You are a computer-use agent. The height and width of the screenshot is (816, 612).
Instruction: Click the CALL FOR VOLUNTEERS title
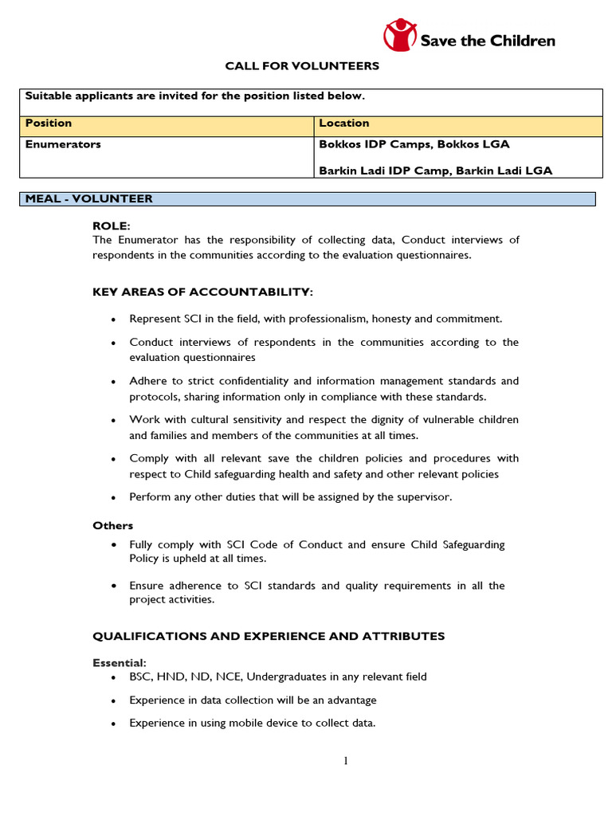tap(301, 66)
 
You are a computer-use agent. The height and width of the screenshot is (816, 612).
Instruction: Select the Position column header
tap(49, 124)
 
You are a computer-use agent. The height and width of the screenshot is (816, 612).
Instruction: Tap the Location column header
tap(343, 124)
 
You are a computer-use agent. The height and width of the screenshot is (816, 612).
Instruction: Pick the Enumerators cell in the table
tap(63, 145)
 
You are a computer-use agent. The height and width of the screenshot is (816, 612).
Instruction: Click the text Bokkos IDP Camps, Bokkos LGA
tap(414, 145)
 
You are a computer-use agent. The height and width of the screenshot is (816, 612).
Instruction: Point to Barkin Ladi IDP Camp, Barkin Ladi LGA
tap(435, 171)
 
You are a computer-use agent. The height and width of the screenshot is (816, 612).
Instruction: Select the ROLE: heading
tap(111, 226)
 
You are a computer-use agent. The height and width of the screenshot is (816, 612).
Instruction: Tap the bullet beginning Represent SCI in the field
tap(316, 319)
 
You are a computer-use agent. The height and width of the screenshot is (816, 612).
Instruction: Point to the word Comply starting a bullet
tap(149, 458)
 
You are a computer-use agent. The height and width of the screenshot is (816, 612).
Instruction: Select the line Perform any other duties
tap(290, 497)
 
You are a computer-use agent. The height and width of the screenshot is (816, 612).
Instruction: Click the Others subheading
tap(112, 526)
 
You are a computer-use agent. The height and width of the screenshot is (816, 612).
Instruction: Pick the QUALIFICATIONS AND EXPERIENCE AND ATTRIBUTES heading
tap(269, 636)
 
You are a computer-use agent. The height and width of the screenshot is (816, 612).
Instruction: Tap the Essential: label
tap(120, 663)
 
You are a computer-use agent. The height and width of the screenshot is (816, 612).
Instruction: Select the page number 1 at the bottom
tap(345, 761)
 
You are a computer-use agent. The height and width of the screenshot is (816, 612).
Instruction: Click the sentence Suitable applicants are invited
tap(194, 96)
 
